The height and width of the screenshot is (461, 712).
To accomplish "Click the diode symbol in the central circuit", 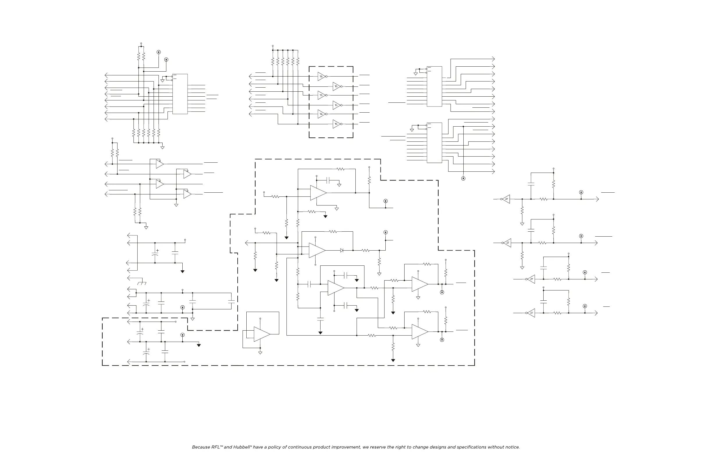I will pyautogui.click(x=342, y=250).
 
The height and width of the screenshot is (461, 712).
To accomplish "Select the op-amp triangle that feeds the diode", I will pyautogui.click(x=316, y=250).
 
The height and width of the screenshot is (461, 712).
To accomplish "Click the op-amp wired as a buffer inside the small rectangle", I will pyautogui.click(x=261, y=334).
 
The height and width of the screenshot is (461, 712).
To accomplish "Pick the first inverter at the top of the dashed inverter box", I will pyautogui.click(x=321, y=76).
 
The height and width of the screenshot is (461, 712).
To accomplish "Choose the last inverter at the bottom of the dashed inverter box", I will pyautogui.click(x=336, y=124).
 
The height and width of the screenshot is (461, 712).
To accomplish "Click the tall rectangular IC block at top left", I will pyautogui.click(x=180, y=94).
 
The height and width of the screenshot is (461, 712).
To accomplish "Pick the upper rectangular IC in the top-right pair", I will pyautogui.click(x=434, y=86).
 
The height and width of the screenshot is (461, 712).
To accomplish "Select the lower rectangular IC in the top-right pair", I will pyautogui.click(x=434, y=143).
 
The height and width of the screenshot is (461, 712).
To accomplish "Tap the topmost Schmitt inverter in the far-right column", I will pyautogui.click(x=506, y=199).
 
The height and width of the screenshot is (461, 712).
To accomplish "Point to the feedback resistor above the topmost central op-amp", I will pyautogui.click(x=341, y=169).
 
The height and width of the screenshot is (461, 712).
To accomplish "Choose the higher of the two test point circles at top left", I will pyautogui.click(x=159, y=52).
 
